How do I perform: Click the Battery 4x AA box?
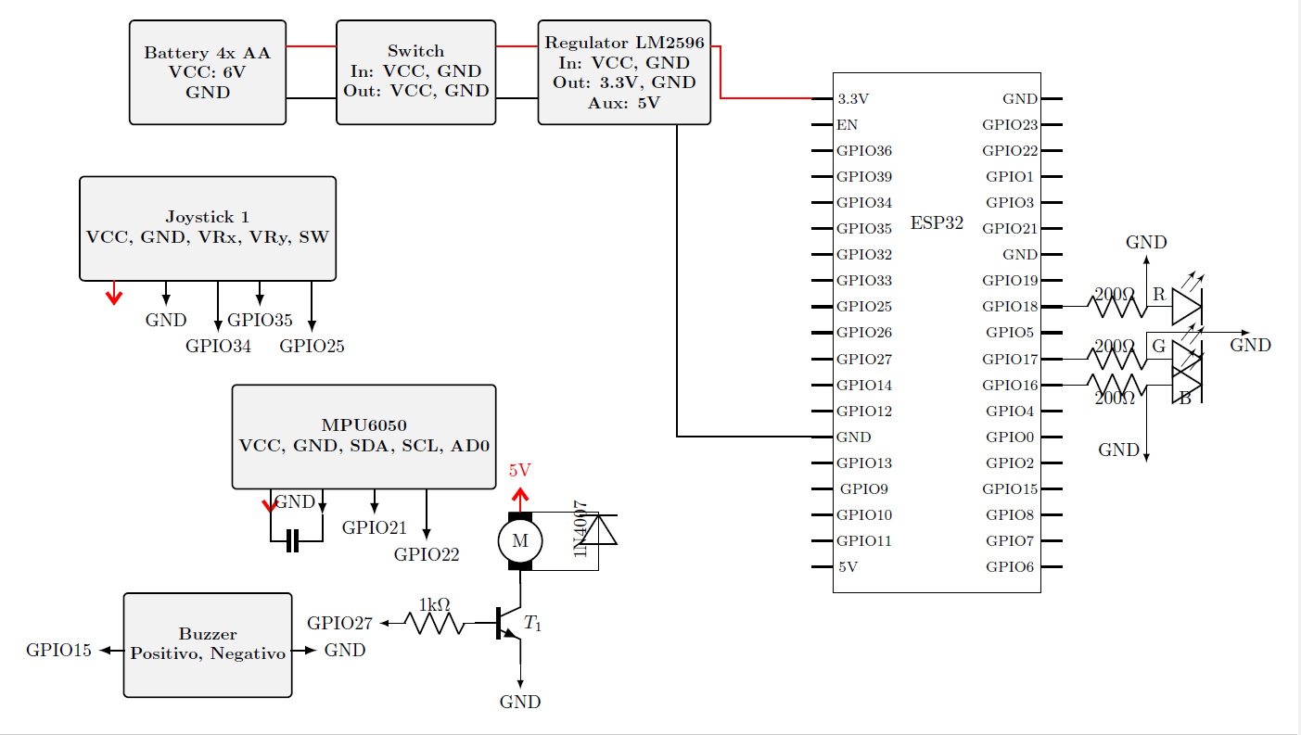coord(208,72)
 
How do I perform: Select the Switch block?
coord(415,72)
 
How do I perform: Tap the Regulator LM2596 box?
coord(624,72)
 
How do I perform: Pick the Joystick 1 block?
coord(208,229)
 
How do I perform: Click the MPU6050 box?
coord(364,437)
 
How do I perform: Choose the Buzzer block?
coord(208,645)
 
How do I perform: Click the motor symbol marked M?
coord(520,541)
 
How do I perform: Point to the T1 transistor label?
coord(532,624)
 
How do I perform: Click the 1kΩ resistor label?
coord(435,605)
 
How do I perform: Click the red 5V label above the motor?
coord(520,470)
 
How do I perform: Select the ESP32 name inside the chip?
coord(937,223)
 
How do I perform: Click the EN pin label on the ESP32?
coord(847,125)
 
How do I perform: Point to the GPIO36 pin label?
coord(863,151)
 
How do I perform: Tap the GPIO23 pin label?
coord(1010,125)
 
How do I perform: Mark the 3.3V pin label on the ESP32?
coord(852,99)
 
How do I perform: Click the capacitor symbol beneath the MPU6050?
coord(293,541)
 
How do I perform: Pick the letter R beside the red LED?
coord(1159,295)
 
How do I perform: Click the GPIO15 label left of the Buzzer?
coord(58,651)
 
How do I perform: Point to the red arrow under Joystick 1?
coord(114,293)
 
